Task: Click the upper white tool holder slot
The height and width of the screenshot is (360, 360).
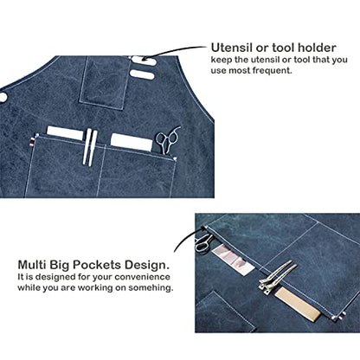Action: (x=144, y=61)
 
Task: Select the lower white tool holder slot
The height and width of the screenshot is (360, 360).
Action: (x=142, y=74)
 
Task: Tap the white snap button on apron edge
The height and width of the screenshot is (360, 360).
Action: (x=3, y=97)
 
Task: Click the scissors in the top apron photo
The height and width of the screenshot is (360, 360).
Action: (x=167, y=140)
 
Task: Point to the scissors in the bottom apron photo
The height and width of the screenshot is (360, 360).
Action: (x=203, y=241)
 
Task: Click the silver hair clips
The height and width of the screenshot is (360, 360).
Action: (x=276, y=277)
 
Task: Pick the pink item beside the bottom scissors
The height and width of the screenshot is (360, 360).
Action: (x=233, y=258)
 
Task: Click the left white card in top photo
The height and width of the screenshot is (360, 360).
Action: (x=65, y=132)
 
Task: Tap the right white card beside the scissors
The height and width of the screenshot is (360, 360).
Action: (x=132, y=142)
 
